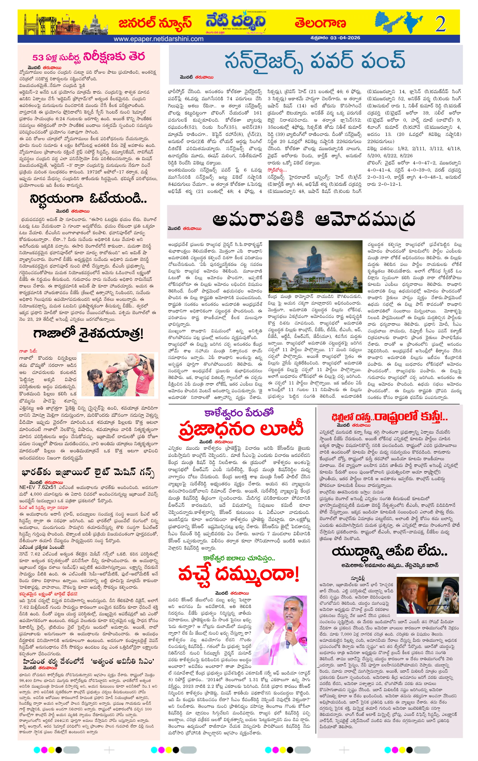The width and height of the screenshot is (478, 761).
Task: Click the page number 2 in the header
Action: pos(440,24)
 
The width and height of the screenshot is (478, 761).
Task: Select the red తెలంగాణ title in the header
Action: pos(320,23)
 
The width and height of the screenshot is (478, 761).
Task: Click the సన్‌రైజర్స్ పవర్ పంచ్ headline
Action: pos(315,60)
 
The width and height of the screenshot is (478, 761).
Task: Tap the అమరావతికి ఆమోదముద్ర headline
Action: pos(313,220)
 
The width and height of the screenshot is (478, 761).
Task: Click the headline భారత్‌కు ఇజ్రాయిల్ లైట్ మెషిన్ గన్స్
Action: pos(88,473)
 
